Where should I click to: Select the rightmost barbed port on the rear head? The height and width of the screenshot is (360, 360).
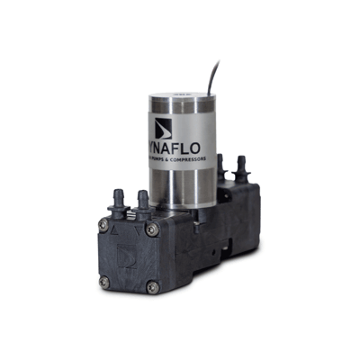click(x=240, y=166)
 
